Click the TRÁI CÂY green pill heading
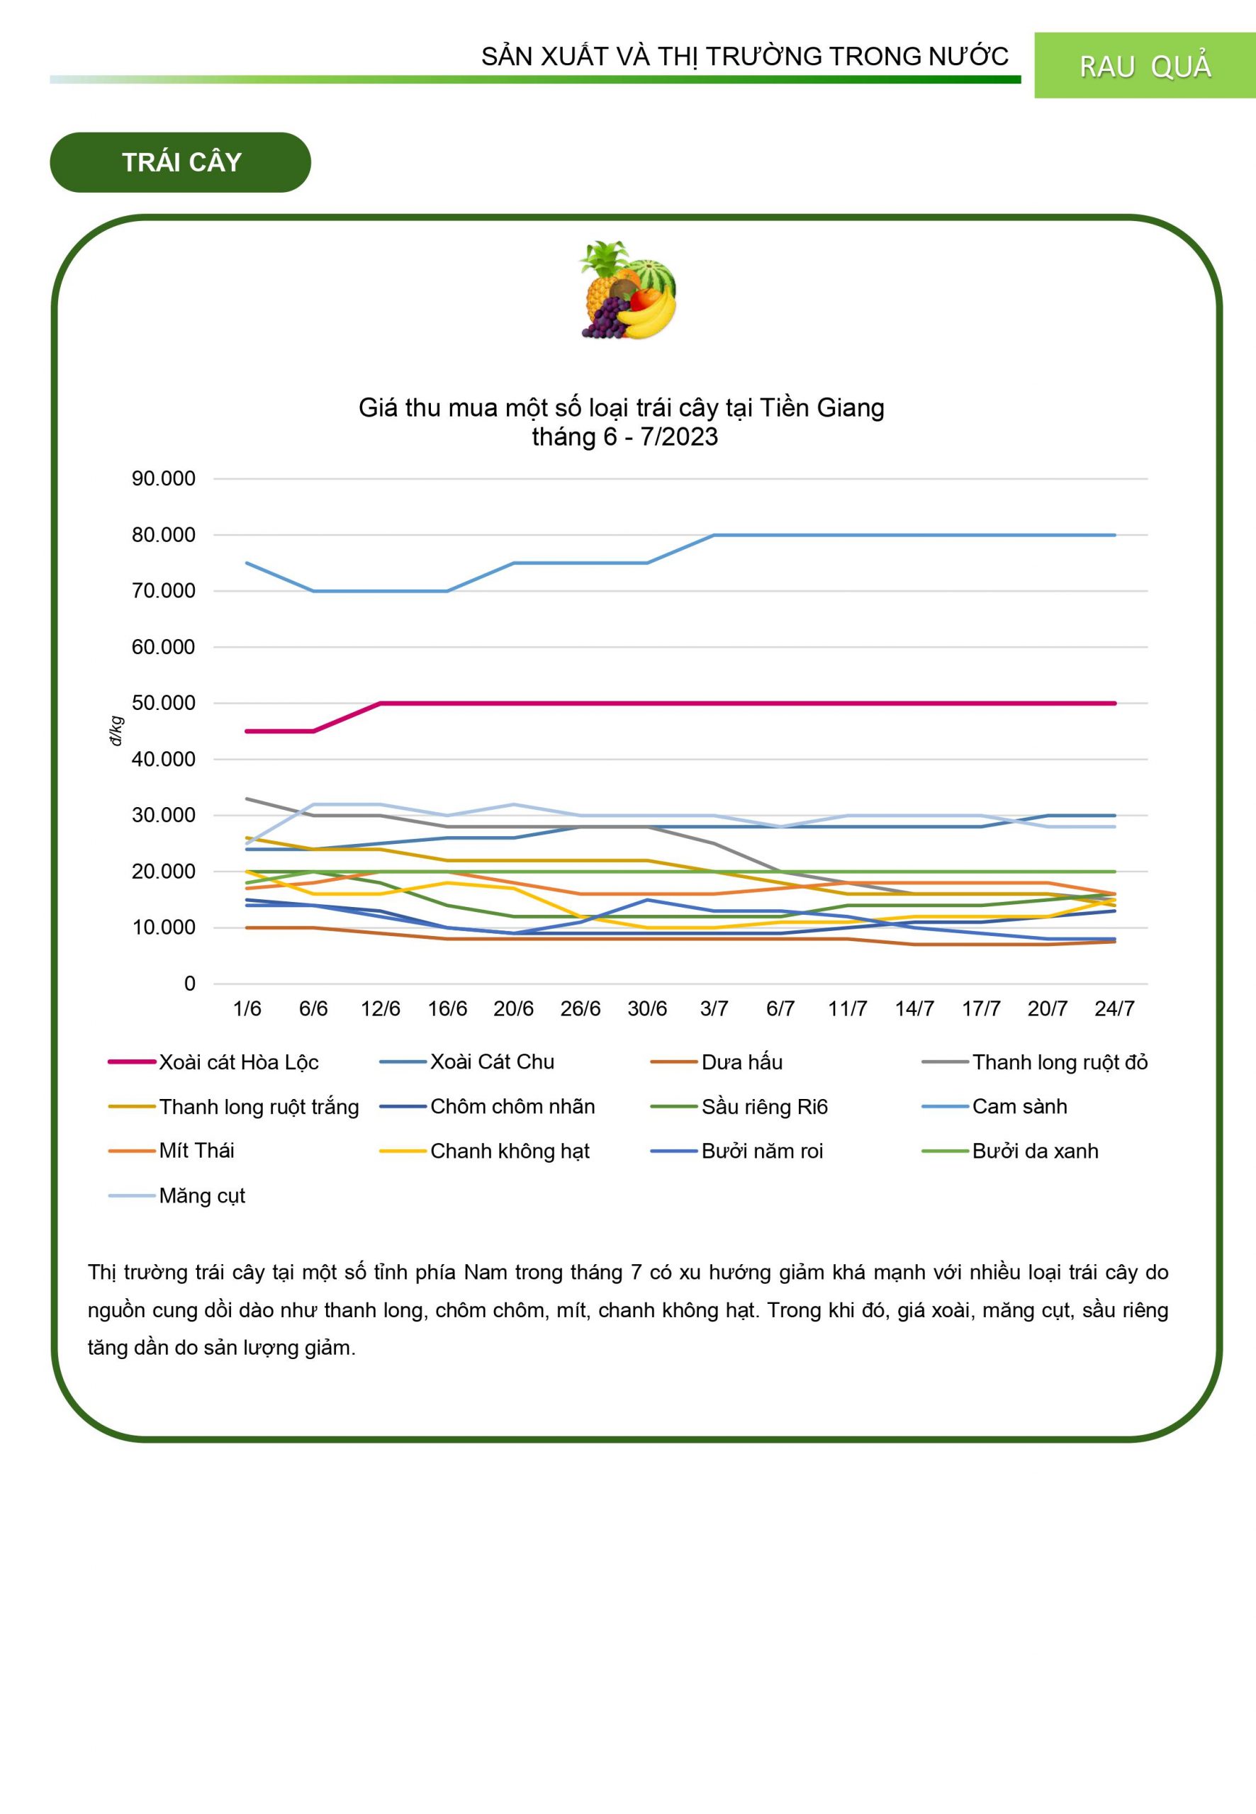(180, 162)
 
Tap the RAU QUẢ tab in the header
(1144, 66)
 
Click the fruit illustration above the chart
(627, 291)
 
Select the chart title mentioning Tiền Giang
(621, 422)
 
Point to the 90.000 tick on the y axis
(163, 478)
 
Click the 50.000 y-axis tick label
(163, 703)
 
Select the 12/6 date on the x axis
(380, 1008)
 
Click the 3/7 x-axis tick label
(714, 1008)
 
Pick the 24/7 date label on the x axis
(1114, 1008)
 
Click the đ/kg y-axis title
(116, 731)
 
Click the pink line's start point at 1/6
(247, 731)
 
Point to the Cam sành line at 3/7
(714, 535)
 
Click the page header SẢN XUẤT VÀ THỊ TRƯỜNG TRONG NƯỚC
(744, 57)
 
